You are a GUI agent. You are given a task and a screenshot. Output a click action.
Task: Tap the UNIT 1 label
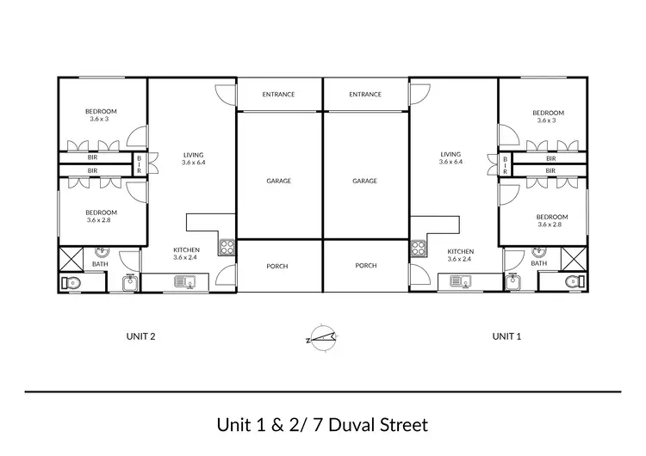pyautogui.click(x=506, y=337)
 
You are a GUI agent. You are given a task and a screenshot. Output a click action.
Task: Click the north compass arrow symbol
pyautogui.click(x=322, y=337)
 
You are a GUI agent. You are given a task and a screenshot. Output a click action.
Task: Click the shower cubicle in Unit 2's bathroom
pyautogui.click(x=71, y=256)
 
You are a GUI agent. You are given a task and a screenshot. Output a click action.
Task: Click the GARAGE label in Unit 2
pyautogui.click(x=278, y=182)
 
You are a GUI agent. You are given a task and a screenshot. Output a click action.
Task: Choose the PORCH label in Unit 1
pyautogui.click(x=366, y=266)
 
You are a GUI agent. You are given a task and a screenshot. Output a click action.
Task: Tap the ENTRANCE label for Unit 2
pyautogui.click(x=278, y=95)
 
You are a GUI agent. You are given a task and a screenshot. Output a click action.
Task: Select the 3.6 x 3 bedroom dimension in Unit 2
pyautogui.click(x=100, y=120)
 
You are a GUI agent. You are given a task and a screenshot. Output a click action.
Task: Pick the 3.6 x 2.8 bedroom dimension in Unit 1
pyautogui.click(x=548, y=225)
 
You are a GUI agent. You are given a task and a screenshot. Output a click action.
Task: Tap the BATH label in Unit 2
pyautogui.click(x=100, y=264)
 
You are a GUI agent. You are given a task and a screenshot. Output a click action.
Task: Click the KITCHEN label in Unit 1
pyautogui.click(x=460, y=251)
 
